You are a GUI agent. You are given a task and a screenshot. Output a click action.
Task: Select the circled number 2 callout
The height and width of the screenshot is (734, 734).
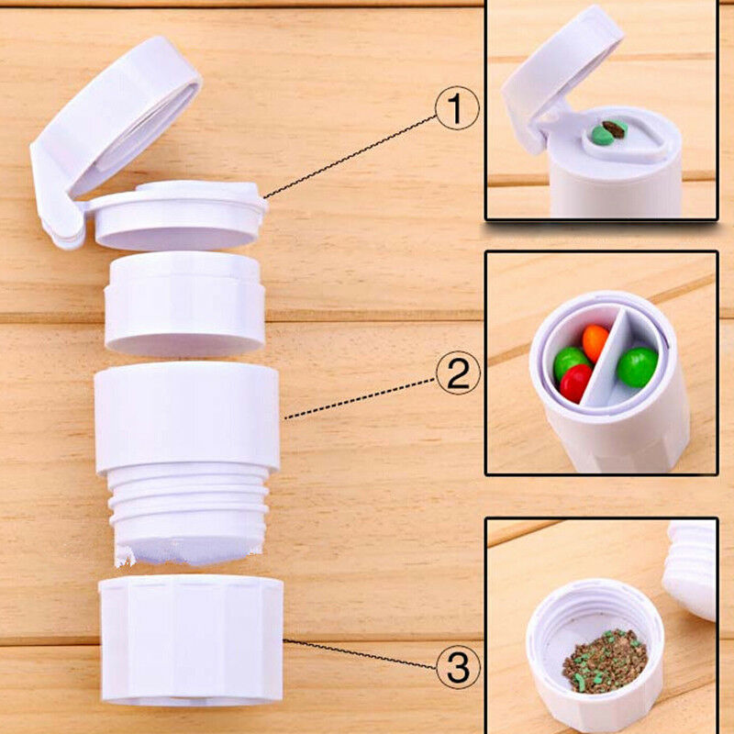(458, 374)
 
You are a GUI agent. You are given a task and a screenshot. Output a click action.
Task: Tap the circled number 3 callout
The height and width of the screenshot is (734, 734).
(458, 668)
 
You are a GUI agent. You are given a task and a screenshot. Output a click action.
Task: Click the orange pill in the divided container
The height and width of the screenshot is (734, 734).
(595, 341)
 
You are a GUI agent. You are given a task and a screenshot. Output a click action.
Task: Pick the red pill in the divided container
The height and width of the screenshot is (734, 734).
(576, 382)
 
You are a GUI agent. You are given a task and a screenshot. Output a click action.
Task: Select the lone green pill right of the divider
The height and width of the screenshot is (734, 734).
(636, 366)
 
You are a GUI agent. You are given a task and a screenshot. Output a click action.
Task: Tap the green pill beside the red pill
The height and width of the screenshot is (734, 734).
(569, 361)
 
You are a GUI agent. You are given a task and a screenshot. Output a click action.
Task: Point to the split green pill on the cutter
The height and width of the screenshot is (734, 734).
(608, 132)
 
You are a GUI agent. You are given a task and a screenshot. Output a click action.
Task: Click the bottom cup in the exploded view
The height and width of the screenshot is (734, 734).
(191, 640)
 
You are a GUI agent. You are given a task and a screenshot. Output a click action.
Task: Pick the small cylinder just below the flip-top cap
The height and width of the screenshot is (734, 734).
(184, 303)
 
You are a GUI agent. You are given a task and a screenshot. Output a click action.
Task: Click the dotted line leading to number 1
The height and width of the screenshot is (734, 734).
(349, 156)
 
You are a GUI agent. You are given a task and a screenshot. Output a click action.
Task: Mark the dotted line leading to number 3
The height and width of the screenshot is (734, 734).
(358, 654)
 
